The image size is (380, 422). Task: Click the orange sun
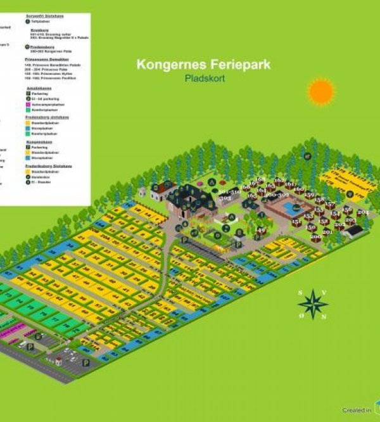click(321, 92)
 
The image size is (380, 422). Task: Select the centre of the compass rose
click(313, 304)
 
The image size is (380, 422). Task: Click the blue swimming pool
click(290, 207)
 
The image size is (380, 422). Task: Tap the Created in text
click(357, 410)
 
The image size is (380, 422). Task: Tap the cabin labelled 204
click(362, 213)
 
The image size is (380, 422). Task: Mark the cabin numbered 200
click(315, 237)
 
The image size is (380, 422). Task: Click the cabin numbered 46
click(262, 231)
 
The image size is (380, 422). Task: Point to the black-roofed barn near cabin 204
click(355, 230)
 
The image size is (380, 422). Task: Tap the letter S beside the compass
click(300, 292)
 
